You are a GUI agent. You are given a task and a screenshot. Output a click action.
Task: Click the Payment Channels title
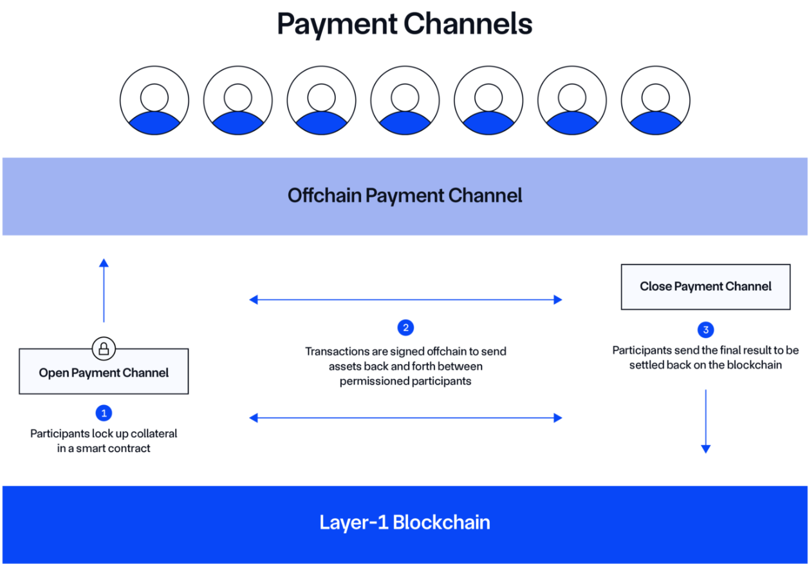point(404,24)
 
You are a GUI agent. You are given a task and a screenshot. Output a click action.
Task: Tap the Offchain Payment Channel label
point(405,196)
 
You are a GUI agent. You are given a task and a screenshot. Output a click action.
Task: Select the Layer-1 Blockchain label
point(405,522)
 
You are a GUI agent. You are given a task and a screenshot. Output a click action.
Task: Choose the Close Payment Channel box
point(705,287)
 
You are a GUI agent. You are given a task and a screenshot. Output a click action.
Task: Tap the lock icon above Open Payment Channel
point(104,349)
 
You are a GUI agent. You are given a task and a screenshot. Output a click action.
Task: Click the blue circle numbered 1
point(104,413)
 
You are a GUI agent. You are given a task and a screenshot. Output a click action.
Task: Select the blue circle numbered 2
point(405,328)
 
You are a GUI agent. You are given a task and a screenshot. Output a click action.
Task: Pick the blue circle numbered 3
point(705,330)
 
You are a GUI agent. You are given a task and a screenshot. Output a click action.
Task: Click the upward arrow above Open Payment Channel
point(104,289)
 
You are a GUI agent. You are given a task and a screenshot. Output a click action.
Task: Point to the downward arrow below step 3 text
point(705,421)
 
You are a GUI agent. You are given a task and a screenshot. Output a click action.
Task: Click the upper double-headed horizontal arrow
point(405,300)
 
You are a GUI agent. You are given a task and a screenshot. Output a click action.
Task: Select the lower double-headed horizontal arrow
point(405,418)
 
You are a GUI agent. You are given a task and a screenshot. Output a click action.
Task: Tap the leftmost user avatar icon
point(154,101)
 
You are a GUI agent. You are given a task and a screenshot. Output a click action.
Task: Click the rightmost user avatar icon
point(655,101)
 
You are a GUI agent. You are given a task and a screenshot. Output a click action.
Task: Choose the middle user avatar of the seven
point(405,101)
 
